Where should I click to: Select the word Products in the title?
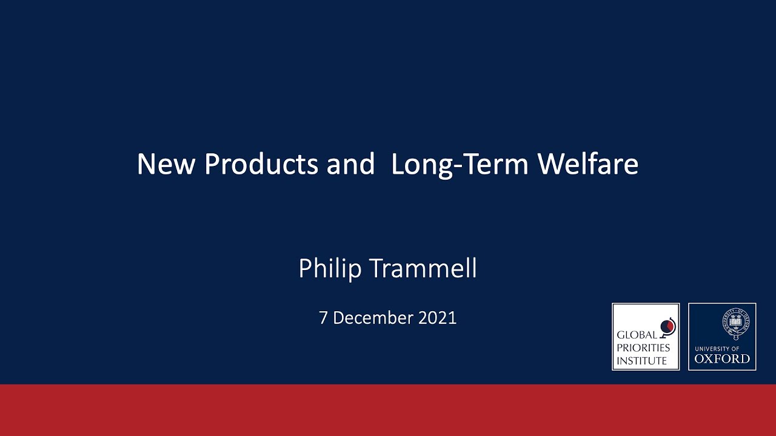(x=261, y=164)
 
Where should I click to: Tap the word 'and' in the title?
(x=351, y=164)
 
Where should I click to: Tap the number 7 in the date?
(x=323, y=318)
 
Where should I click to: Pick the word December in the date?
(x=373, y=318)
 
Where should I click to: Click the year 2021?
(x=437, y=318)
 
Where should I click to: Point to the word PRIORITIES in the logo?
(x=643, y=348)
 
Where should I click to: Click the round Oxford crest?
(x=735, y=323)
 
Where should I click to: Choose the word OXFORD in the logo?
(x=722, y=358)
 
